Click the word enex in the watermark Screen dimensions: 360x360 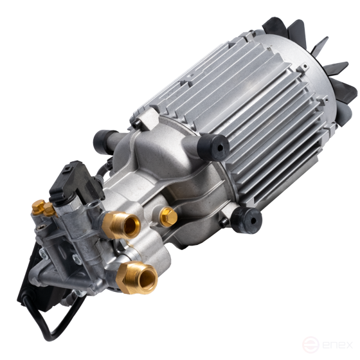click(337, 345)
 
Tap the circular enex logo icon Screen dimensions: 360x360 click(310, 345)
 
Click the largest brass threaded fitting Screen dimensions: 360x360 click(137, 277)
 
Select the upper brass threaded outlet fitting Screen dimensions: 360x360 click(121, 226)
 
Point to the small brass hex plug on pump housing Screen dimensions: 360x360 click(168, 217)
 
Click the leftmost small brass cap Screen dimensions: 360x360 click(38, 207)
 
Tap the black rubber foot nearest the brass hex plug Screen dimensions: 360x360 click(246, 220)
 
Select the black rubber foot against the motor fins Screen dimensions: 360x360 click(213, 147)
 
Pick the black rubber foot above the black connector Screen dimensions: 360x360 click(104, 141)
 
